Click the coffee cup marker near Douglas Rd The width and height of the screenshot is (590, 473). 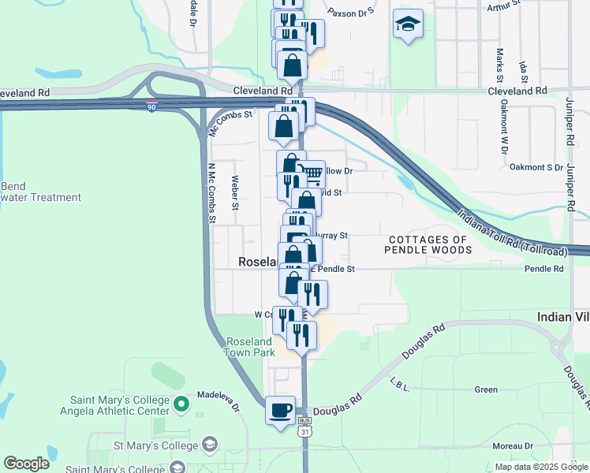[x=281, y=410]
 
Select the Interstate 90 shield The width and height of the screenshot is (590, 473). [x=151, y=104]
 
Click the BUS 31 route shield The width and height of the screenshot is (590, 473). [x=305, y=426]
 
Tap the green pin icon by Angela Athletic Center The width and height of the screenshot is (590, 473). [x=181, y=405]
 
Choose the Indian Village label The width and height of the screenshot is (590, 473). [x=562, y=316]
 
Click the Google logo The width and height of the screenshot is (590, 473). [x=26, y=464]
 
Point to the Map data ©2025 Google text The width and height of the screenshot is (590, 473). [x=541, y=467]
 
